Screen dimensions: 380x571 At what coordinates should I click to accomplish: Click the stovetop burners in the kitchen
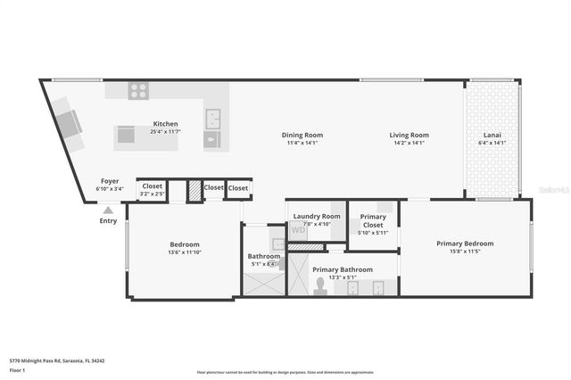click(138, 90)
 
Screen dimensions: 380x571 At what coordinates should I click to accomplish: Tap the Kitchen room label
click(166, 124)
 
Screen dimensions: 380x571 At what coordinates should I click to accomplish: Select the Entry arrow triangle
click(108, 211)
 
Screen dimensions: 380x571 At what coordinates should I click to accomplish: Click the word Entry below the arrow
click(108, 220)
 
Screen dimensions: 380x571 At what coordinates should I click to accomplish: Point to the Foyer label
click(110, 181)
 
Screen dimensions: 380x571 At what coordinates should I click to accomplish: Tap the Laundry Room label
click(319, 216)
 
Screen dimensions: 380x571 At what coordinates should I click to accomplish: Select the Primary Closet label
click(373, 220)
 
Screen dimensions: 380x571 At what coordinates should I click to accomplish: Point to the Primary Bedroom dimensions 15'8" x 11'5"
click(465, 252)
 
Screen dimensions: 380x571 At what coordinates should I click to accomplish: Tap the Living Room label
click(409, 135)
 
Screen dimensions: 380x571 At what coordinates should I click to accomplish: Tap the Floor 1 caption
click(18, 369)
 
